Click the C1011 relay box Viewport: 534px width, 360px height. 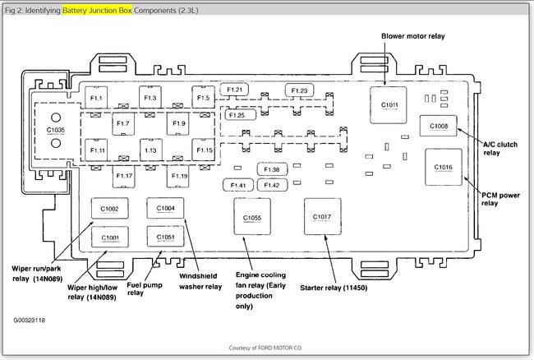click(389, 104)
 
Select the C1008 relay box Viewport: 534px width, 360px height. click(439, 126)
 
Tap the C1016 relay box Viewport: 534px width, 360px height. click(444, 167)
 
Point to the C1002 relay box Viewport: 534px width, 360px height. click(110, 210)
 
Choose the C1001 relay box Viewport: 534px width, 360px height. click(110, 238)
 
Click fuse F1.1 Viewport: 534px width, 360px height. click(97, 99)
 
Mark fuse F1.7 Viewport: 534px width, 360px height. click(124, 124)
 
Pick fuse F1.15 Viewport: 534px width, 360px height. click(204, 150)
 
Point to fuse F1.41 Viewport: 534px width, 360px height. click(239, 186)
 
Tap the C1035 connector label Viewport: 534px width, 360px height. click(55, 131)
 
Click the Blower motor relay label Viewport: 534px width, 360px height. click(412, 37)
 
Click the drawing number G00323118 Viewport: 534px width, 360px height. click(30, 319)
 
